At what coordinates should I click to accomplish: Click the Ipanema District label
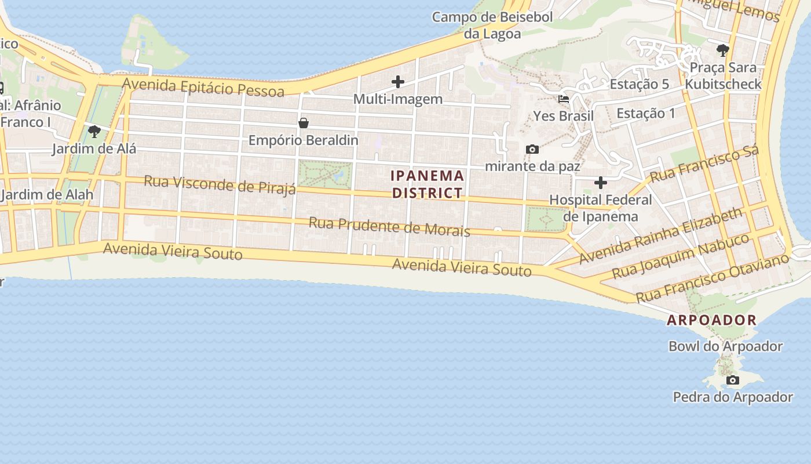(x=428, y=184)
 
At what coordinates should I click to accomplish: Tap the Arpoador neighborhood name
(x=711, y=320)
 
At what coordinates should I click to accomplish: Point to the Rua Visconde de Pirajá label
(x=220, y=184)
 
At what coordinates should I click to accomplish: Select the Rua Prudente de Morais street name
(x=389, y=226)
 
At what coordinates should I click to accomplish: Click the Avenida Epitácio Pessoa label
(x=203, y=88)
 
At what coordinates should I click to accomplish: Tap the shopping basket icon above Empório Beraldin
(x=303, y=123)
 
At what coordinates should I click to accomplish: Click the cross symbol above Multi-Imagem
(x=398, y=82)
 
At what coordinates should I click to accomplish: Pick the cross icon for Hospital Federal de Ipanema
(x=601, y=183)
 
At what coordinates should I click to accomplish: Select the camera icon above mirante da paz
(x=532, y=150)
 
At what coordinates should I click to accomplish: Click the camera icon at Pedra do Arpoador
(x=733, y=380)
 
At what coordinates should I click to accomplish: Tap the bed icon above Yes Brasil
(x=563, y=99)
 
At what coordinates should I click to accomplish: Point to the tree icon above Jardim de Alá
(x=94, y=132)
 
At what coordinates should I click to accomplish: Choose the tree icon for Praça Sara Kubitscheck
(x=722, y=50)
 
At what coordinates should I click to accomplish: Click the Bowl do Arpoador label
(x=725, y=346)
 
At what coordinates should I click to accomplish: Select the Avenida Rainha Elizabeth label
(x=660, y=235)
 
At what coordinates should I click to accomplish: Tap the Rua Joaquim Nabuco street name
(x=681, y=256)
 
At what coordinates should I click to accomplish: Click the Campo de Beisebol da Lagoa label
(x=492, y=25)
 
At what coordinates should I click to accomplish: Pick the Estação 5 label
(x=639, y=84)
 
